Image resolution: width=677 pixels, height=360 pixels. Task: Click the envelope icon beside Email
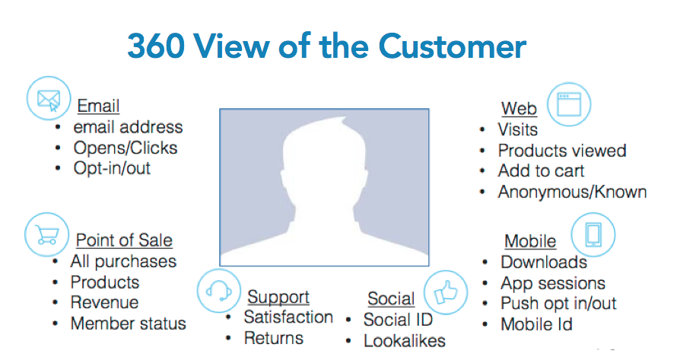coord(49,99)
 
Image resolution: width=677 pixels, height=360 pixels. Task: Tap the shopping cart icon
coord(46,234)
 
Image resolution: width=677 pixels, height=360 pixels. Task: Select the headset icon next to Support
coord(218,291)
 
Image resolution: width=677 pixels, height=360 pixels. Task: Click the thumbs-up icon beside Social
coord(446,292)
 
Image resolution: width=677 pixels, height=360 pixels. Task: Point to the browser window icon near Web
coord(569,104)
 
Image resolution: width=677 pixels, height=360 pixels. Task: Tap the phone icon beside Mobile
coord(593,234)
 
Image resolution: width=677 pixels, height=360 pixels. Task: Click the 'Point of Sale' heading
coord(124,241)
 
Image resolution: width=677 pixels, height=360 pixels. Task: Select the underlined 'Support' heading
coord(278,297)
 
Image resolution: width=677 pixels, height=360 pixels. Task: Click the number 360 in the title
coord(156,46)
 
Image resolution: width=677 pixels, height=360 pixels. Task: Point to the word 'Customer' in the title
coord(453,46)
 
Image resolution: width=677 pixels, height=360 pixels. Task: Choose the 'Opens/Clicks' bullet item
coord(126,148)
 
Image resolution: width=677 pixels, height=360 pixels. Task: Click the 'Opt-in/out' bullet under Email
coord(112,168)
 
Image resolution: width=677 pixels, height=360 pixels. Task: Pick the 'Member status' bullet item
coord(129,323)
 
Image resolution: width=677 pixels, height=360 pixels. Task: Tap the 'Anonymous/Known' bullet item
coord(572,192)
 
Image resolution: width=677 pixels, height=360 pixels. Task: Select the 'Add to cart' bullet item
coord(541,170)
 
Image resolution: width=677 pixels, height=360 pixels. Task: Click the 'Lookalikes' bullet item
coord(405,341)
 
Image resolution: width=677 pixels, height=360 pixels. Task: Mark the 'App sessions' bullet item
coord(553,283)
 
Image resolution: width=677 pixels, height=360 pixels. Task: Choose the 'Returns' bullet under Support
coord(274,338)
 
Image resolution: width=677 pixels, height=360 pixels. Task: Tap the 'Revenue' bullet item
coord(104,302)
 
